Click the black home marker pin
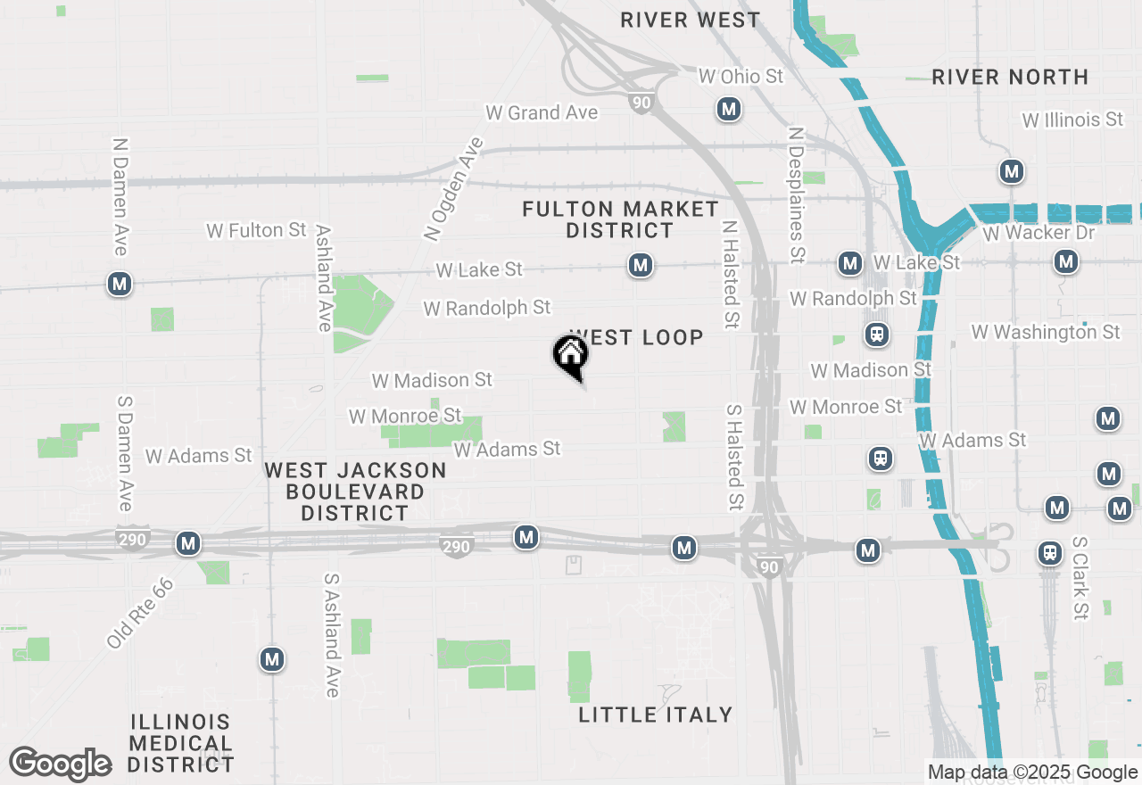click(571, 356)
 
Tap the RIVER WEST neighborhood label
click(691, 20)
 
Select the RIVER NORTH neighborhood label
click(1010, 78)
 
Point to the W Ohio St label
click(741, 77)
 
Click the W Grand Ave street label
click(542, 113)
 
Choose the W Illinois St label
click(1072, 120)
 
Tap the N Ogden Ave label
click(453, 189)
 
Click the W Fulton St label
click(257, 231)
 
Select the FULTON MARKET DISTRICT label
click(621, 219)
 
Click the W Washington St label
click(1046, 332)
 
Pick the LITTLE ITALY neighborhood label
click(656, 715)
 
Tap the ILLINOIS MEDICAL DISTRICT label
click(181, 743)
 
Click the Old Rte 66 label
click(140, 613)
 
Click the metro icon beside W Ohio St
click(729, 110)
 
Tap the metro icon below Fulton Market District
click(639, 265)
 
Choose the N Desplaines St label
click(796, 195)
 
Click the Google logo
click(61, 764)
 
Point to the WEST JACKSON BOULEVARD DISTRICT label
click(355, 492)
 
